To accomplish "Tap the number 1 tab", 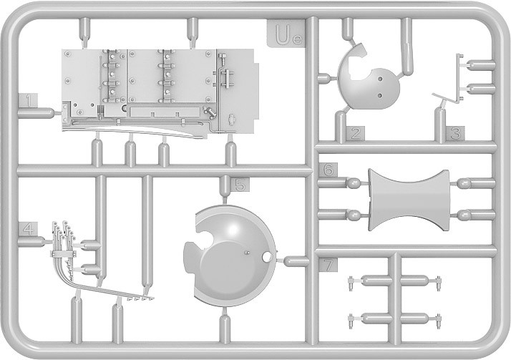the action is [28, 101].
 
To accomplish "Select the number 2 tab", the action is [356, 133].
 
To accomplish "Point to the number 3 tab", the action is [455, 133].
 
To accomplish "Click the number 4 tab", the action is [28, 229].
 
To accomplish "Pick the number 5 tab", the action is [240, 185].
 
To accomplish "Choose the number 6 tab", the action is [328, 170].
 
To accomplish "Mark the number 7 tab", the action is [328, 265].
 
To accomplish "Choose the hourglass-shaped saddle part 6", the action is [409, 200].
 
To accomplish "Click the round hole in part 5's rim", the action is [267, 258].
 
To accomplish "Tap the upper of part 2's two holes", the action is [379, 79].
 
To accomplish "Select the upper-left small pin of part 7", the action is [351, 283].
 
